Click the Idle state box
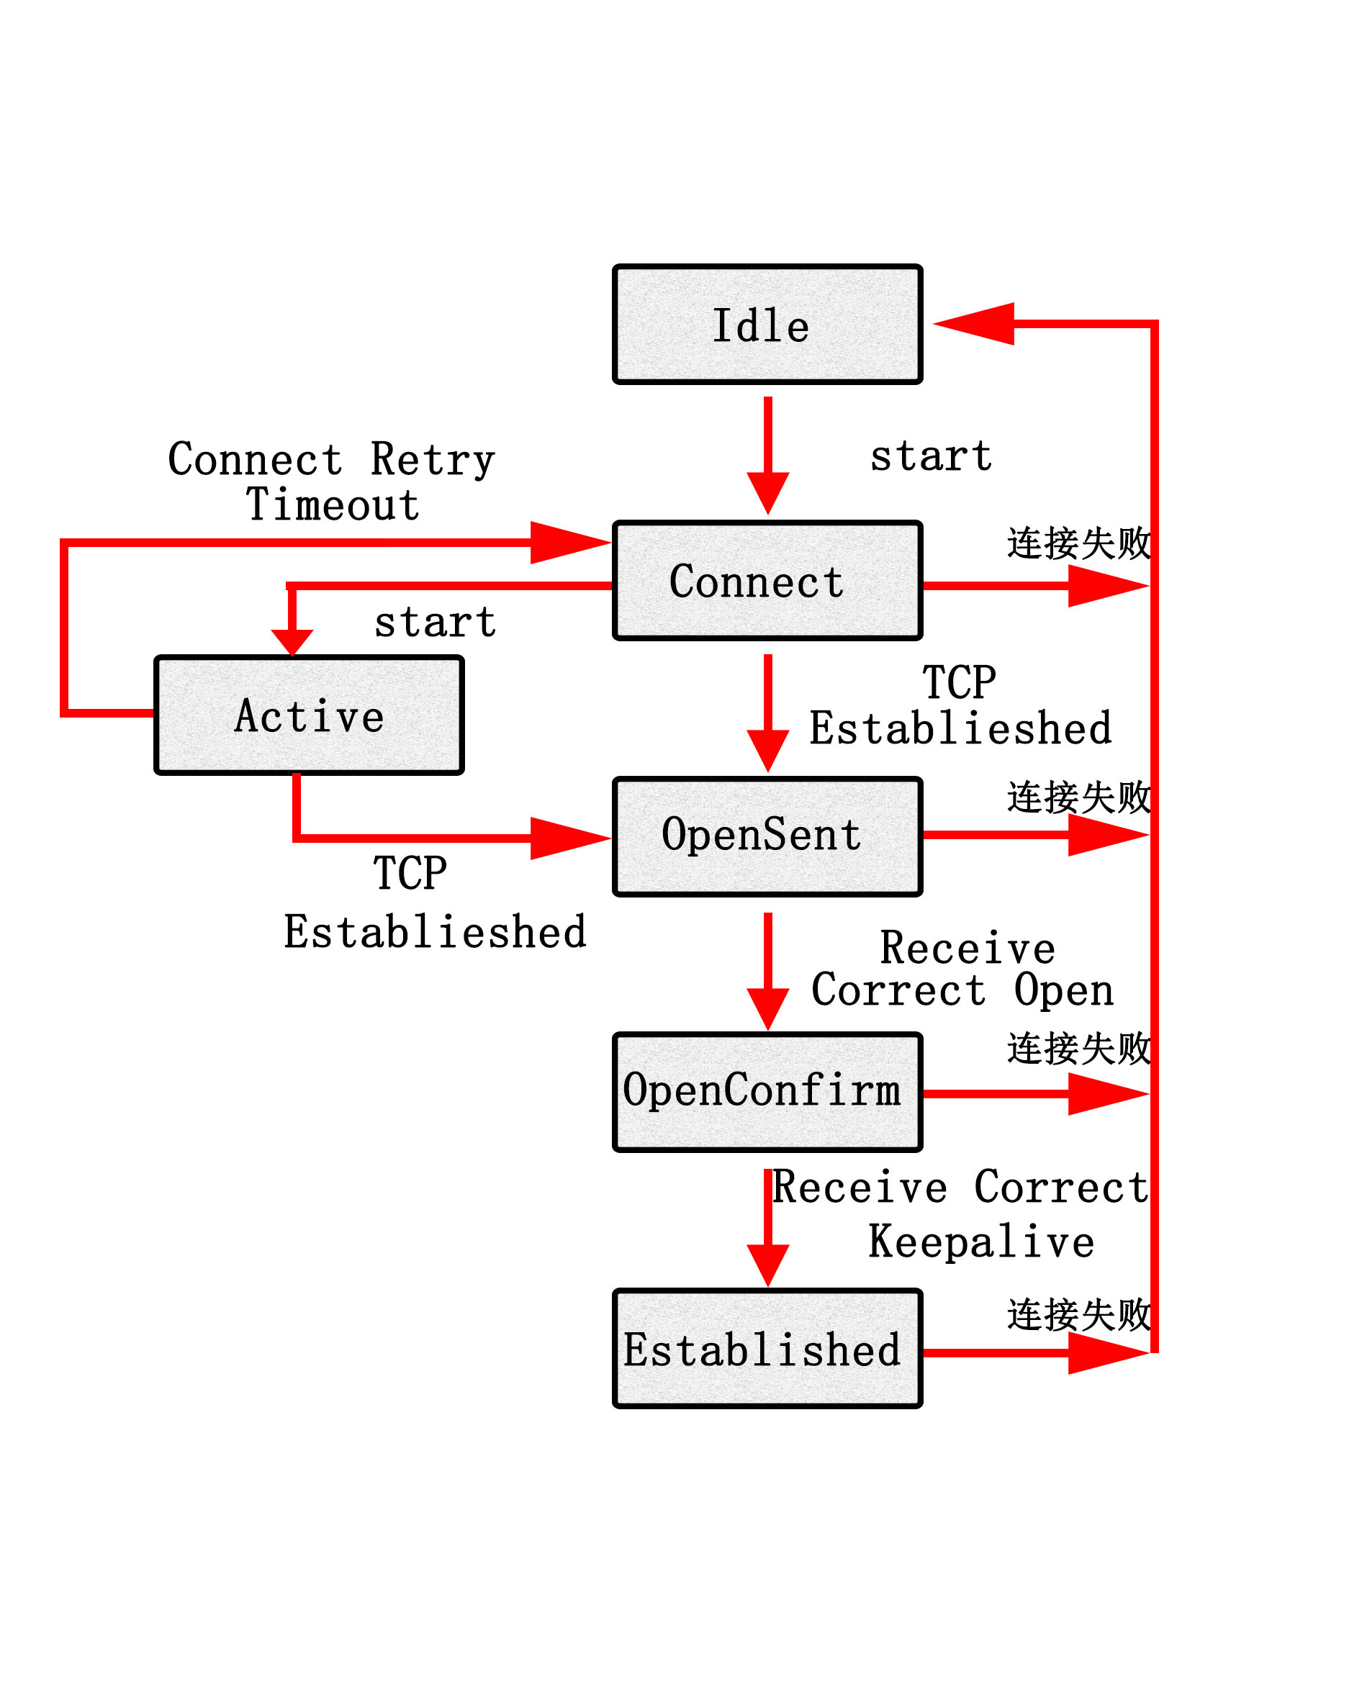coord(767,324)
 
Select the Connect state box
coord(767,579)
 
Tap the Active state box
coord(308,715)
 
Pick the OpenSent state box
coord(767,836)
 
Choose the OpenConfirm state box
coord(767,1092)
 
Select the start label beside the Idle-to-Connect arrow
coord(931,456)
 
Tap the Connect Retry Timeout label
coord(331,481)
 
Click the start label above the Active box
coord(435,622)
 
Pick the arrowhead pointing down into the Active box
coord(292,642)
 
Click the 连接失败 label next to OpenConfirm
coord(1078,1049)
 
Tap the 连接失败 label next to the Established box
coord(1078,1315)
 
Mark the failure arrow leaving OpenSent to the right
coord(1033,834)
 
